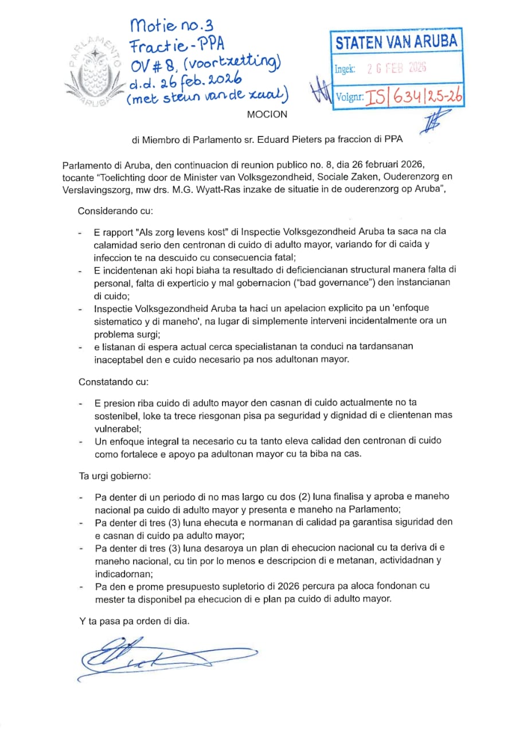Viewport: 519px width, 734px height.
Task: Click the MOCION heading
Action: (x=267, y=114)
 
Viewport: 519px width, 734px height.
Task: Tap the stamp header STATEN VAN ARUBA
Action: (x=396, y=42)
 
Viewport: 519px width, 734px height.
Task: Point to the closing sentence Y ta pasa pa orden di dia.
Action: (x=134, y=622)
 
